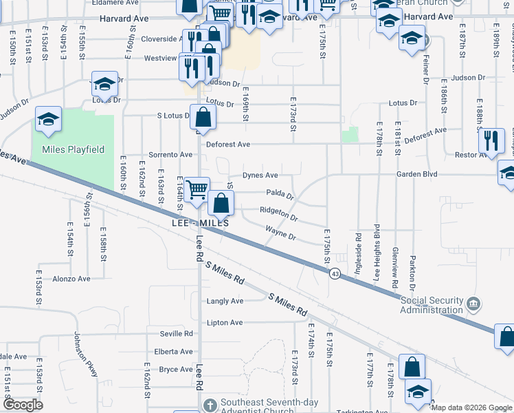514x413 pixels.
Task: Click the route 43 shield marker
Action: pyautogui.click(x=335, y=274)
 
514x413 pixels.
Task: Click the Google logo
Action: pyautogui.click(x=23, y=405)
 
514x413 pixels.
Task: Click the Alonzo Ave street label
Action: pyautogui.click(x=71, y=279)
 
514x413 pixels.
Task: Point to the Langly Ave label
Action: pyautogui.click(x=225, y=301)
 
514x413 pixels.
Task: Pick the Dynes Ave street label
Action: pyautogui.click(x=260, y=176)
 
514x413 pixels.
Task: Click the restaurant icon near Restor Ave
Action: pyautogui.click(x=491, y=140)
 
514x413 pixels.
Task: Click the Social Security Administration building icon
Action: pyautogui.click(x=473, y=304)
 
